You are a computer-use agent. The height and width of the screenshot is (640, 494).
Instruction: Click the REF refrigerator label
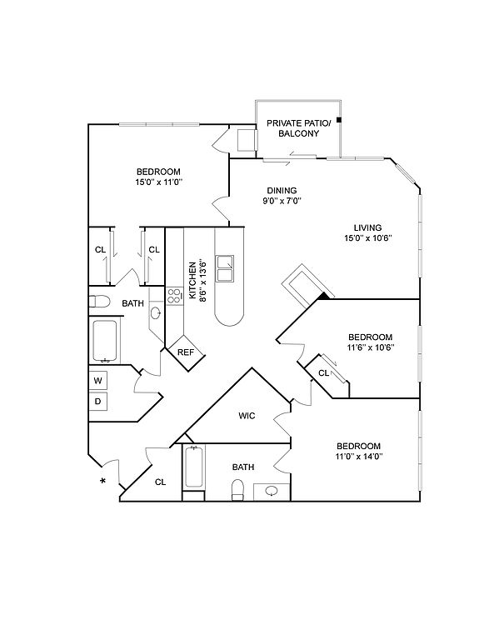click(186, 352)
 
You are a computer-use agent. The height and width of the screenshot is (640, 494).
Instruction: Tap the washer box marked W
click(98, 381)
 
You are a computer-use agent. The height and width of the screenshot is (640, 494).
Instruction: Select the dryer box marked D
click(98, 401)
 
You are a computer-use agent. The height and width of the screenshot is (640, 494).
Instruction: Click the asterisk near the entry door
click(102, 481)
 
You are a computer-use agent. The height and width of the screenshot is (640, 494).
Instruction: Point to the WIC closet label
click(247, 416)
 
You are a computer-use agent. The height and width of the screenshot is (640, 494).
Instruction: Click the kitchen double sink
click(225, 268)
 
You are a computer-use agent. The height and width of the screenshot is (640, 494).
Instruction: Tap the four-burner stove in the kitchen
click(174, 296)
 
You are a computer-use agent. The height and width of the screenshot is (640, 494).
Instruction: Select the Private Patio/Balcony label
click(299, 128)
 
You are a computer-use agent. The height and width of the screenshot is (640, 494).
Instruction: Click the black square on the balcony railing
click(338, 120)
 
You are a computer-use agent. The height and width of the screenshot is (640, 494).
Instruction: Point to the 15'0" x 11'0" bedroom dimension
click(158, 182)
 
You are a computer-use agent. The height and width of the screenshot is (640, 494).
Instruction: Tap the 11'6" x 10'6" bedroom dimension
click(371, 347)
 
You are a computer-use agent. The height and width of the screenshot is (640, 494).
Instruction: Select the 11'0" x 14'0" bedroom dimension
click(359, 457)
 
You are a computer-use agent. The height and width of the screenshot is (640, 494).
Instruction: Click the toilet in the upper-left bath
click(99, 302)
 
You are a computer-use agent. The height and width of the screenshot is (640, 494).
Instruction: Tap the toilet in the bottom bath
click(237, 490)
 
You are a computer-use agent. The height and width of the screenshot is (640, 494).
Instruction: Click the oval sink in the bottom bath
click(271, 491)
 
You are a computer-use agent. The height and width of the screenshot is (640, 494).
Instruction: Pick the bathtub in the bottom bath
click(194, 467)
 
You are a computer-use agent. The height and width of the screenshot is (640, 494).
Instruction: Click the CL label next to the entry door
click(160, 482)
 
